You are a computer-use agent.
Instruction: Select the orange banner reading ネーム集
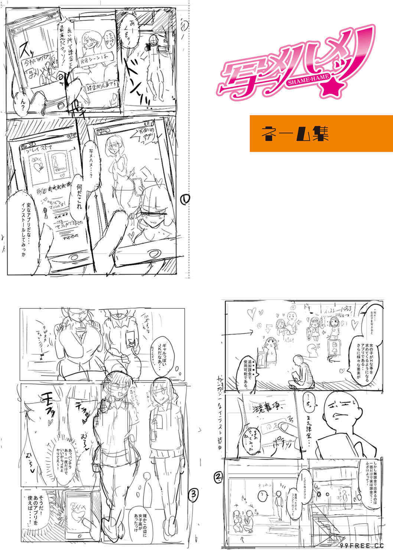coord(321,134)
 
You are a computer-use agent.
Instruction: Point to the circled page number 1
coord(186,200)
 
